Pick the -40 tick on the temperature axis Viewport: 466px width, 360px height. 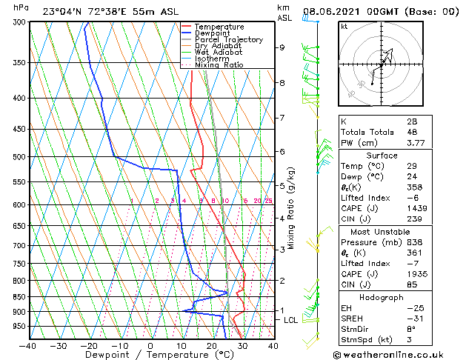click(x=28, y=345)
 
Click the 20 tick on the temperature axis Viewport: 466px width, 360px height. click(x=212, y=345)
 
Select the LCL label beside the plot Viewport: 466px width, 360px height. click(x=291, y=319)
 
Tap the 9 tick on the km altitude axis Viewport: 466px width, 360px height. click(x=282, y=47)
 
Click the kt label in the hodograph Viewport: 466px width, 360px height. click(x=344, y=26)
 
